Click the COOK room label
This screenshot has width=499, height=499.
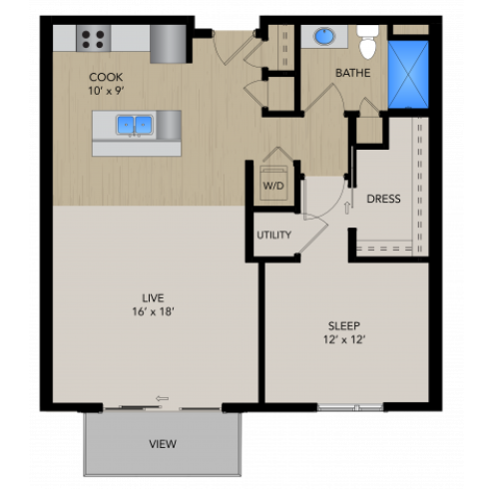pos(106,77)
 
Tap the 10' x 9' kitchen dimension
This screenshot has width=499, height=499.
pos(106,92)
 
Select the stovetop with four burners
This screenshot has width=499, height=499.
pos(94,39)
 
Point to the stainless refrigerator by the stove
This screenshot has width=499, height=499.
pos(169,43)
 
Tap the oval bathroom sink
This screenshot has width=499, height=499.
pos(324,37)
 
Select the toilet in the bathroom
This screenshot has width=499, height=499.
pos(366,43)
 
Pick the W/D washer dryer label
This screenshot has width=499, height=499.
pos(273,186)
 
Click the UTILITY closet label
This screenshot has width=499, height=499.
pos(274,236)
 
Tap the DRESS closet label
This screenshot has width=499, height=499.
pos(383,199)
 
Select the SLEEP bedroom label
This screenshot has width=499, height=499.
pos(344,325)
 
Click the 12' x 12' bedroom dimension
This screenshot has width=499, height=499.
pos(344,341)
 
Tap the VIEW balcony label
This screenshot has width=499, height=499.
pos(162,443)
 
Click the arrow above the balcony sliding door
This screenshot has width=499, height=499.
pos(162,398)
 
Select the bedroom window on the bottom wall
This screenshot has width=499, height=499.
pos(350,407)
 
